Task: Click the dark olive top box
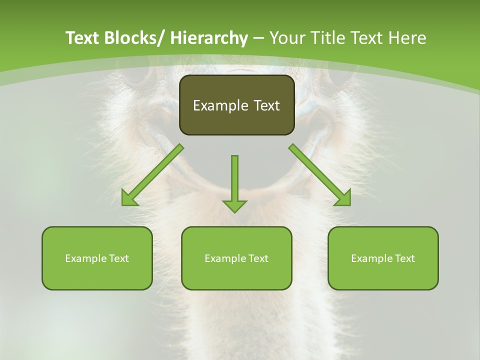tap(236, 105)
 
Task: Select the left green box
tap(97, 258)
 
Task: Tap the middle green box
tap(236, 258)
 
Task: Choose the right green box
tap(383, 258)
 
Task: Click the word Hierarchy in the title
tap(209, 38)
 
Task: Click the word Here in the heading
tap(408, 38)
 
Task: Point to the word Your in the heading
tap(287, 38)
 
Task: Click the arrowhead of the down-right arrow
tap(343, 198)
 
